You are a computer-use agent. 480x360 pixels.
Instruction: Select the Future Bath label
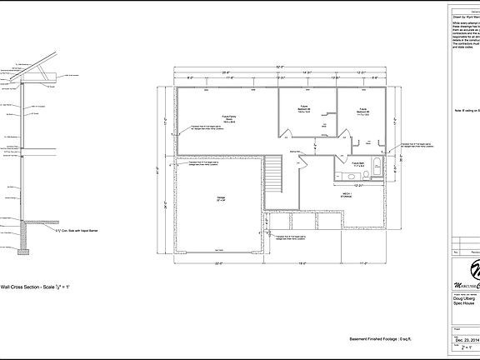tap(358, 165)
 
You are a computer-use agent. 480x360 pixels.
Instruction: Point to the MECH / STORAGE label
tap(346, 195)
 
